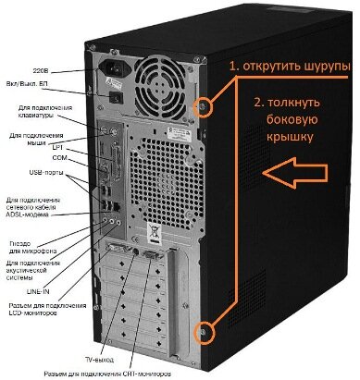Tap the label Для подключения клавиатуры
coord(48,113)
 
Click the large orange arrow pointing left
coord(294,171)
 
